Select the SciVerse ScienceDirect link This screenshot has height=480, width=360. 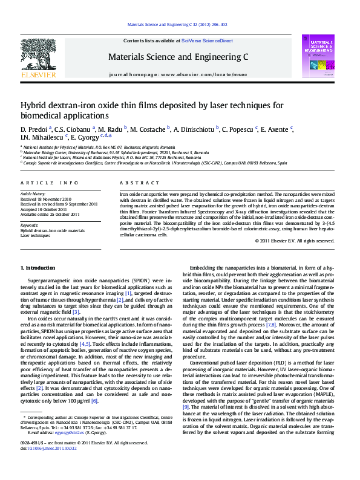coord(207,41)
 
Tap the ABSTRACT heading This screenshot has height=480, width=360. coord(131,183)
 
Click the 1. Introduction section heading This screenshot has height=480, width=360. coord(38,268)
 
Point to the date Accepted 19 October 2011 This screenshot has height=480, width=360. coord(46,209)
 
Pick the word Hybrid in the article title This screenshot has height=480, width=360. coord(34,105)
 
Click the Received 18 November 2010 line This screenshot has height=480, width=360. coord(46,198)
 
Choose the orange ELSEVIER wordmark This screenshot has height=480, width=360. coord(38,75)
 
